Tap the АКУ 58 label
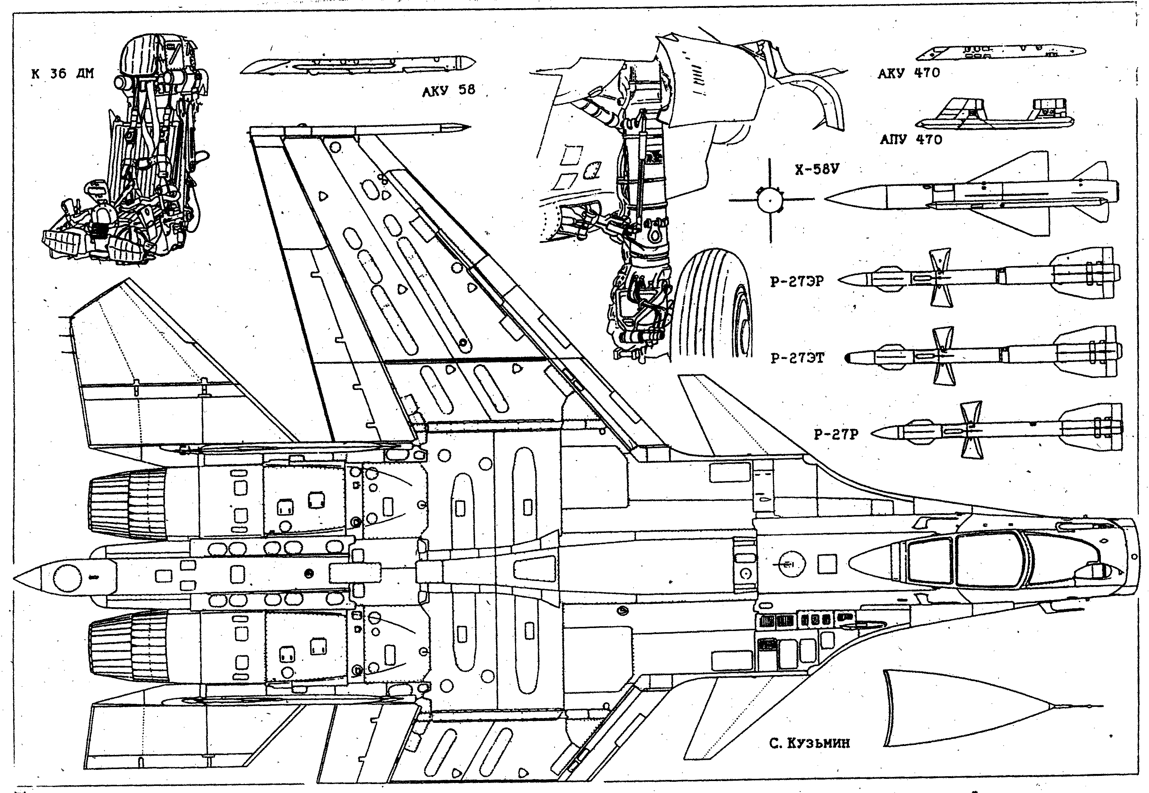click(449, 90)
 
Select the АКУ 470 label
click(909, 73)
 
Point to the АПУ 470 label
click(911, 139)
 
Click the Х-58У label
click(817, 170)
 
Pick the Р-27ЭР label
click(797, 281)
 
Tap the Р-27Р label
click(836, 435)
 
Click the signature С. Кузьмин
click(809, 757)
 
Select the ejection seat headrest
click(141, 54)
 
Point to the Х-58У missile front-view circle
click(769, 200)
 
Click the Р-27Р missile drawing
click(999, 430)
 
